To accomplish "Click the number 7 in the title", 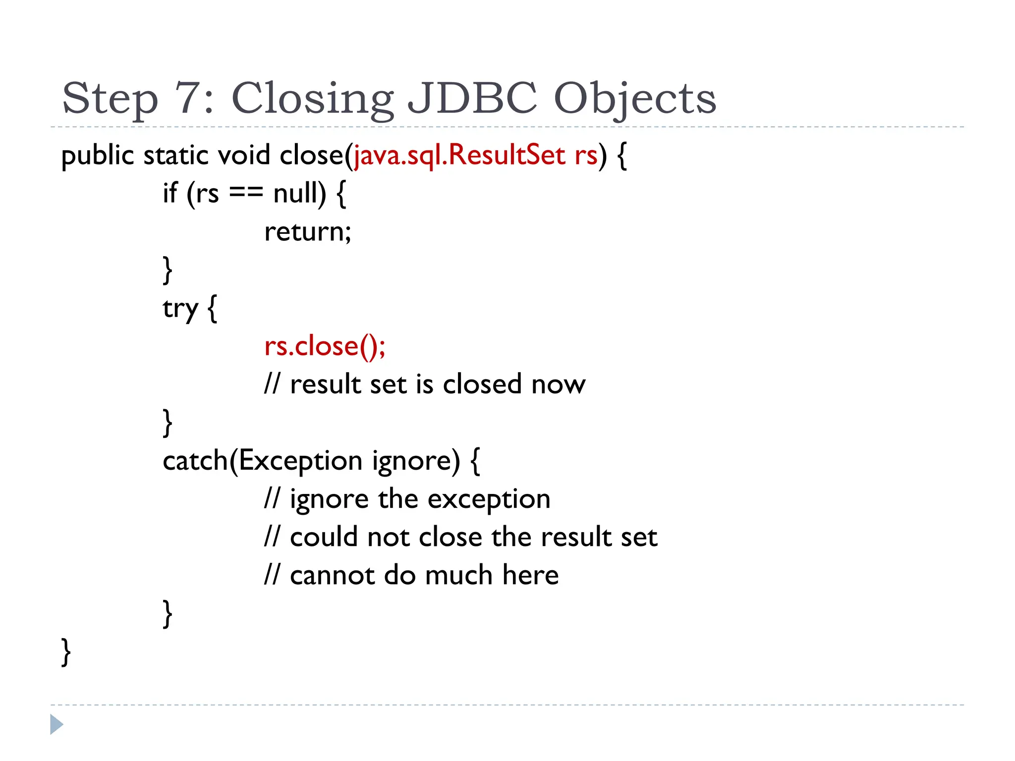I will [x=188, y=98].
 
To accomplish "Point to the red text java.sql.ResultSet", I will [x=459, y=155].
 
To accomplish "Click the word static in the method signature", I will [x=176, y=155].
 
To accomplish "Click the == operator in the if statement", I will [x=246, y=194].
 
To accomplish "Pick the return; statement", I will [x=308, y=231].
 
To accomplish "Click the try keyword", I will [x=180, y=309].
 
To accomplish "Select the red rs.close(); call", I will [x=325, y=346].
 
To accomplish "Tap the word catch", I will [x=195, y=461].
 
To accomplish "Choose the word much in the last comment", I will [x=458, y=575].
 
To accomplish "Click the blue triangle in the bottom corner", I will [x=56, y=724].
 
